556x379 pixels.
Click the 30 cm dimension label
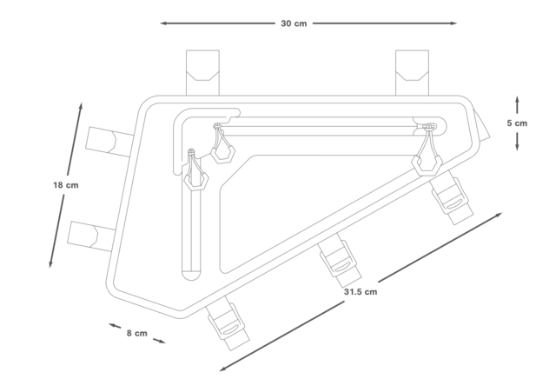294,23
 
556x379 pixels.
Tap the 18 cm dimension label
66,185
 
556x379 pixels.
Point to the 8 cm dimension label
136,333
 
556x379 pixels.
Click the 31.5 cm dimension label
360,291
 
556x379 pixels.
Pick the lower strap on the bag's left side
90,233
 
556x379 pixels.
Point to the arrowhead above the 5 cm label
517,100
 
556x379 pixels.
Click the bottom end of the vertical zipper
191,275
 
